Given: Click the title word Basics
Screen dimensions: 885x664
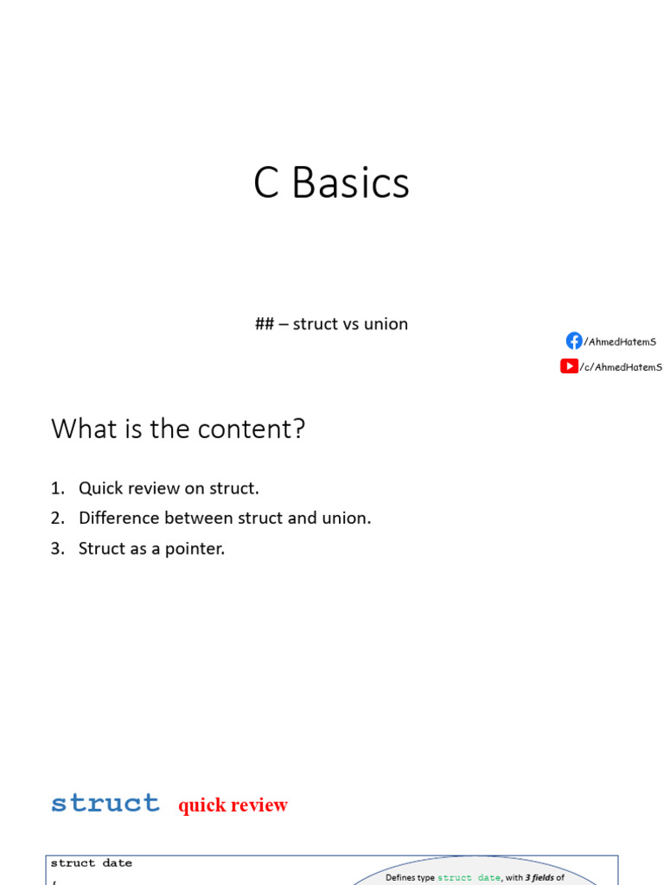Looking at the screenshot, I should (x=350, y=183).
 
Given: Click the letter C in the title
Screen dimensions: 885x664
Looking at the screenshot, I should (x=266, y=183).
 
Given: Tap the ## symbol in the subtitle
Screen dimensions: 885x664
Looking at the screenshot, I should (x=264, y=324).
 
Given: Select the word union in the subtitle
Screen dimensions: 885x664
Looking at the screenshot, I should (x=386, y=324).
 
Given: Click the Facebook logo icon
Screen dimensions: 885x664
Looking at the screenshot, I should (x=574, y=341).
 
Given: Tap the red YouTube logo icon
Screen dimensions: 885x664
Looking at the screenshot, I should (x=569, y=366).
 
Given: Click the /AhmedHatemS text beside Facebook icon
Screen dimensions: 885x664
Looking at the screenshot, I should (x=620, y=341).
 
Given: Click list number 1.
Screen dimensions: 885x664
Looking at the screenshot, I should (x=56, y=488).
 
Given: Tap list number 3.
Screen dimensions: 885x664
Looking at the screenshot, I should (x=56, y=549).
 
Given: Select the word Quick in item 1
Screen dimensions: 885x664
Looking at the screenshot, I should (x=100, y=488).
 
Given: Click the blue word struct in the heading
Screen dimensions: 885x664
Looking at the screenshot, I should (x=105, y=803).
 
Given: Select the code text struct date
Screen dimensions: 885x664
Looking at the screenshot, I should (x=92, y=863).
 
